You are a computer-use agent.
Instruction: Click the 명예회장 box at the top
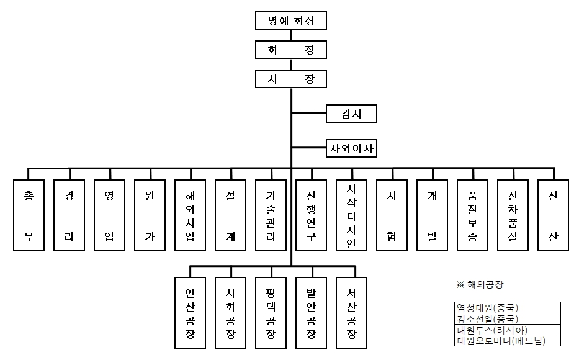click(291, 20)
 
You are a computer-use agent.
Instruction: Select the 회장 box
click(291, 50)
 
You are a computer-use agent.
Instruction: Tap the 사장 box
click(291, 79)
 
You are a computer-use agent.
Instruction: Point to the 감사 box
click(351, 113)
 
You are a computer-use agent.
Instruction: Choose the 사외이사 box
click(351, 149)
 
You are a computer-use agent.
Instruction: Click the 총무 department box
click(29, 215)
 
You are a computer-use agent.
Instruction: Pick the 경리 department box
click(70, 215)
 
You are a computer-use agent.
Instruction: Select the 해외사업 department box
click(190, 215)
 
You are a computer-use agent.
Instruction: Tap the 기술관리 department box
click(271, 215)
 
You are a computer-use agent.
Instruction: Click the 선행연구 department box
click(311, 215)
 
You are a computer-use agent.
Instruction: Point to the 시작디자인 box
click(351, 215)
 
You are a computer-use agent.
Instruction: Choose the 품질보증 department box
click(472, 215)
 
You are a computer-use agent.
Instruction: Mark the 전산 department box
click(553, 215)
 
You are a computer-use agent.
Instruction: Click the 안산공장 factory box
click(190, 312)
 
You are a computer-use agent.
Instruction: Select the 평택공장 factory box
click(271, 312)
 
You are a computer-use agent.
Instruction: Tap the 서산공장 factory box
click(351, 312)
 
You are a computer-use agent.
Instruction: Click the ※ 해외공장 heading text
click(480, 285)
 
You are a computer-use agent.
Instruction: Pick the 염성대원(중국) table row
click(507, 307)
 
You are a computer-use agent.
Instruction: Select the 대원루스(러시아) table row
click(507, 330)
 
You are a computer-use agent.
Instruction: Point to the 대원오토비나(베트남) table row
click(507, 341)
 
